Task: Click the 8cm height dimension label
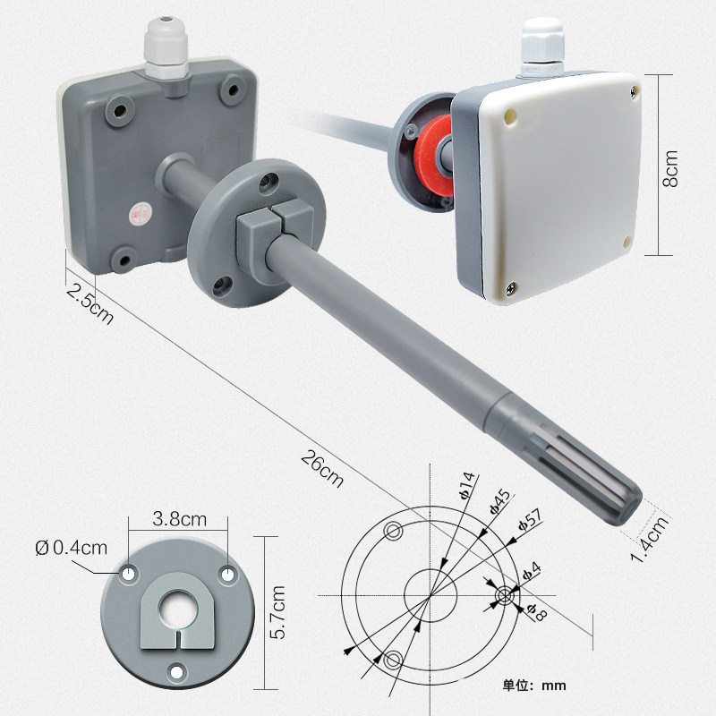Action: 670,168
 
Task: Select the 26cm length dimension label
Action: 322,469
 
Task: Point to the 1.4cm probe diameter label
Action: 651,540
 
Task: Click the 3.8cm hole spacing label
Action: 180,519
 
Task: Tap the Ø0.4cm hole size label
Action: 72,548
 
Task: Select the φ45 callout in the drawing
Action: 499,502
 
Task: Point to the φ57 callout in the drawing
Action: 531,520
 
